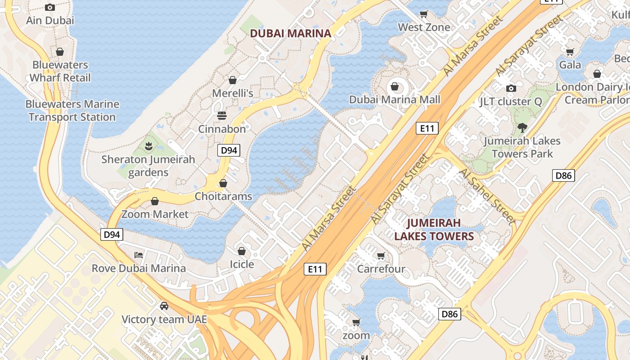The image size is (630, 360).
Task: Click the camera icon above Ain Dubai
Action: point(50,7)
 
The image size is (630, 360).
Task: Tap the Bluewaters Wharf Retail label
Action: point(60,72)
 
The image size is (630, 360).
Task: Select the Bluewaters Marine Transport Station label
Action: point(72,111)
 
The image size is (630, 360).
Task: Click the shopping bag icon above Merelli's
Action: point(233,80)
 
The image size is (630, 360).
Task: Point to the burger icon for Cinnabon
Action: point(222,116)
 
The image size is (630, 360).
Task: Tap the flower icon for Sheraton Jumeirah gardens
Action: point(148,146)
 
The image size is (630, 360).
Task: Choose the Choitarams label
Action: point(223,197)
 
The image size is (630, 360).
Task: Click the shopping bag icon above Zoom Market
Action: point(155,201)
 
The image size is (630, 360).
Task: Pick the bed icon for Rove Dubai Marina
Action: point(139,255)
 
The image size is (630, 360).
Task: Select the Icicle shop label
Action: point(242,264)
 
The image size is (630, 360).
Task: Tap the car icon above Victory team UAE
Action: point(164,306)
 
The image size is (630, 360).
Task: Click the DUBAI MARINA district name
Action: point(290,33)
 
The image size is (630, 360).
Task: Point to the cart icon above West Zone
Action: point(423,14)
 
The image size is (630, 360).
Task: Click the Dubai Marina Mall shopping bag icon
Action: point(395,86)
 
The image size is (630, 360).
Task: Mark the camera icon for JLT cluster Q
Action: point(511,88)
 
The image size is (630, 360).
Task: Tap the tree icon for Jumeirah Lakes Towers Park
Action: point(522,127)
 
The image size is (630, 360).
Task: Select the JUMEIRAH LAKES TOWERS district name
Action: point(434,229)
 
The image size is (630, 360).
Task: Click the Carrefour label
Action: point(381,269)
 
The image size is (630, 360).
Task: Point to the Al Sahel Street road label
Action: point(487,196)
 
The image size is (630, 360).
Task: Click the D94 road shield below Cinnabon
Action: point(229,150)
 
